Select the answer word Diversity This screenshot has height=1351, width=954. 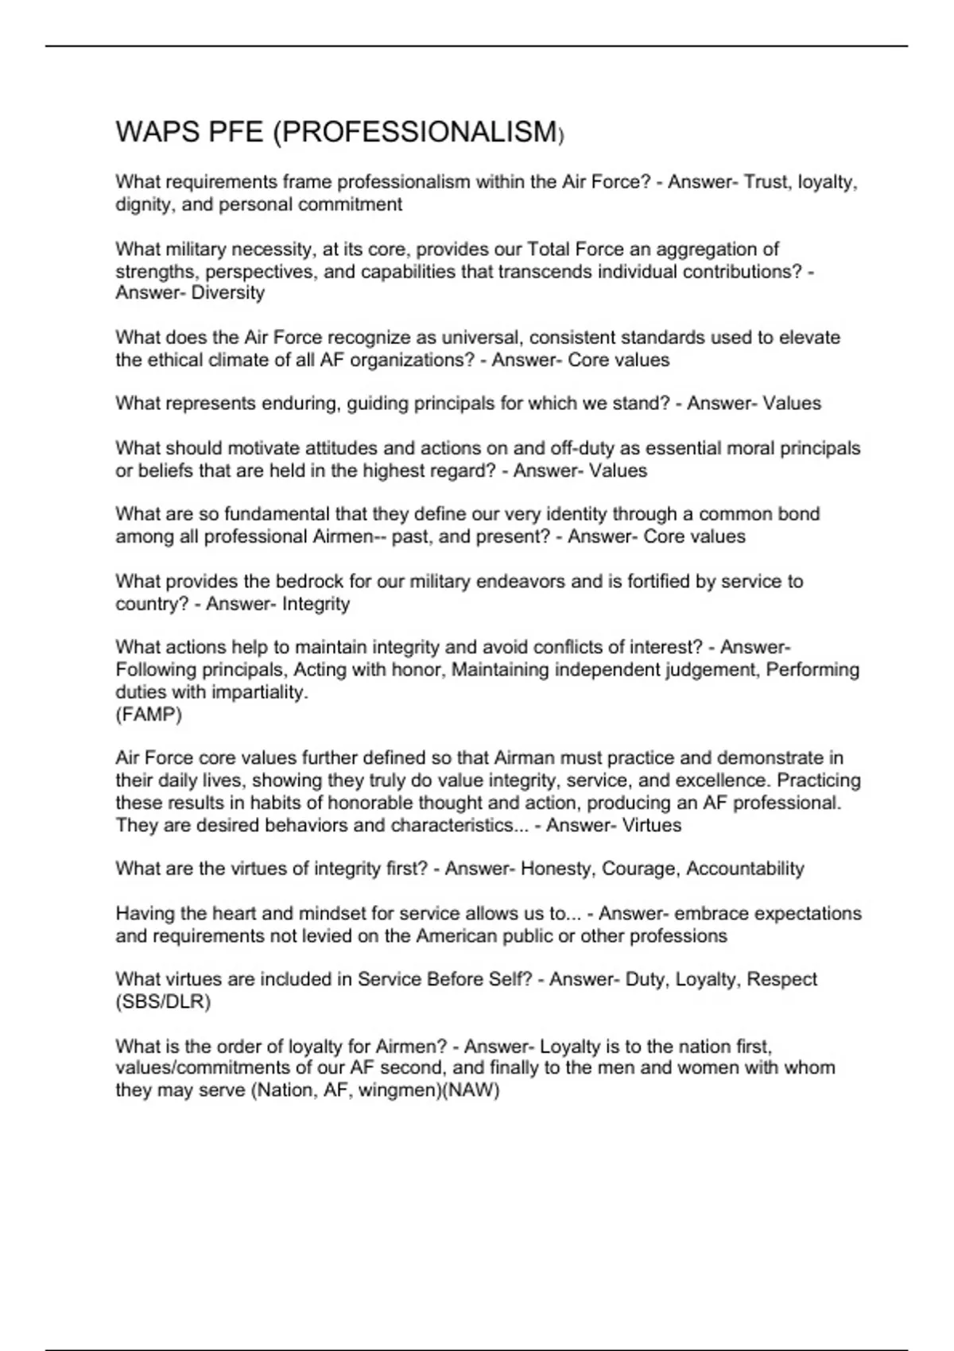(x=228, y=292)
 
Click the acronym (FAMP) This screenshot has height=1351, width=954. (x=149, y=714)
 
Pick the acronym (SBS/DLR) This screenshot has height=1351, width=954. (x=163, y=1001)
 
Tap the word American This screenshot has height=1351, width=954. (x=468, y=935)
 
